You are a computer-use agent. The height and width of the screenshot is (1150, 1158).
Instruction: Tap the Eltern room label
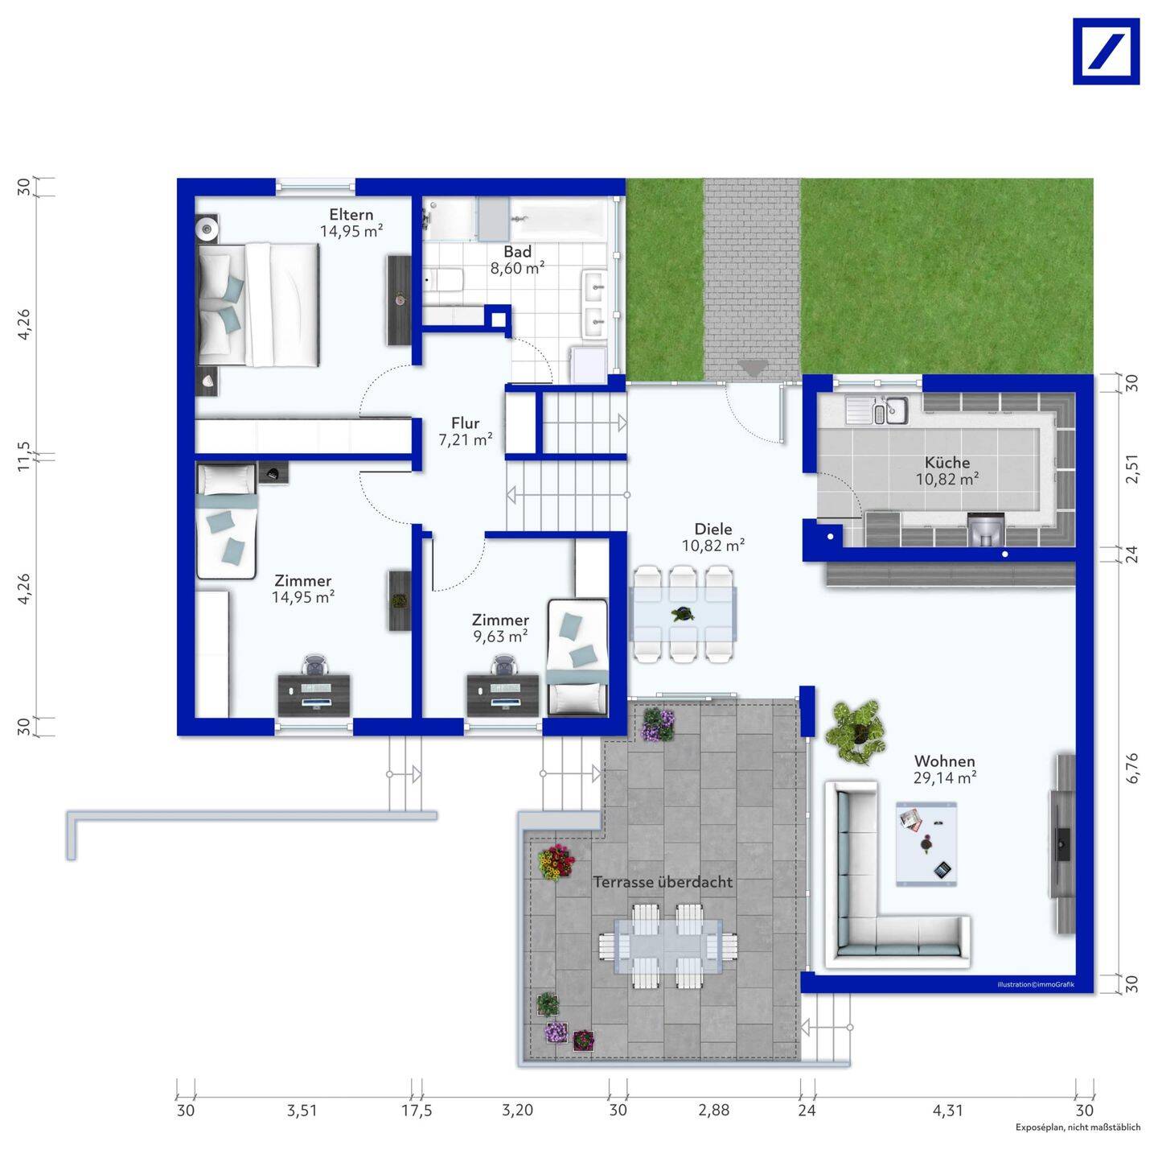tap(351, 214)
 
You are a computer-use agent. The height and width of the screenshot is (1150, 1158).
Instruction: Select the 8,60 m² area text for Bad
tap(517, 268)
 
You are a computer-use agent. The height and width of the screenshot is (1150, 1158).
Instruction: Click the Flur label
tap(465, 422)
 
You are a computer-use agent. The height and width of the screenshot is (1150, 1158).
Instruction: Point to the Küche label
tap(947, 463)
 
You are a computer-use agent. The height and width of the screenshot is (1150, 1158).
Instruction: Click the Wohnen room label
tap(945, 760)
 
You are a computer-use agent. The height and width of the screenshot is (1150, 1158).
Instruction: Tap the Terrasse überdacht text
tap(663, 882)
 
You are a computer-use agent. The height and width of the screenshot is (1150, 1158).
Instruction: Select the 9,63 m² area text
tap(500, 637)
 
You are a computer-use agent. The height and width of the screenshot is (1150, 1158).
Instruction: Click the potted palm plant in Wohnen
tap(855, 732)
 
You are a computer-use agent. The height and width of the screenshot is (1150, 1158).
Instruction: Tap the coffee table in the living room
tap(926, 843)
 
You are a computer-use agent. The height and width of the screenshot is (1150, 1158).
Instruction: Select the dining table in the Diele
tap(683, 614)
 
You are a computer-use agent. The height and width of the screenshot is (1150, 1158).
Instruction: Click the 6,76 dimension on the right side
tap(1131, 769)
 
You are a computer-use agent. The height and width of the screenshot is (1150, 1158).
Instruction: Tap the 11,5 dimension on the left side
tap(23, 456)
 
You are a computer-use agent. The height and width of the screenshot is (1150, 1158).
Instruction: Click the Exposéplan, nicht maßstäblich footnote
tap(1078, 1127)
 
